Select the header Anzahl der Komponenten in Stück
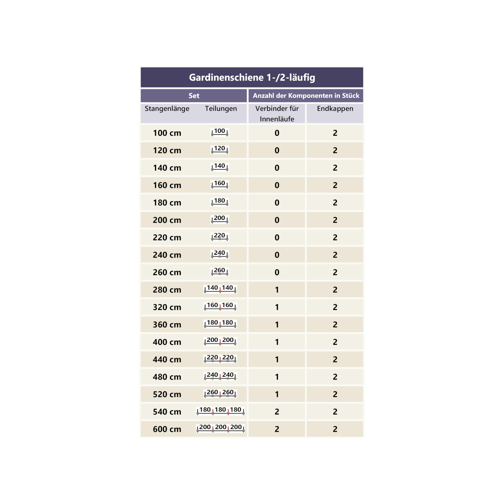(x=306, y=95)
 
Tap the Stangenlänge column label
(x=167, y=108)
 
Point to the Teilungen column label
(x=221, y=108)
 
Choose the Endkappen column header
(x=335, y=108)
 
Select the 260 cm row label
(x=167, y=272)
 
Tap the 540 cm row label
(x=167, y=411)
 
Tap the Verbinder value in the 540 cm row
(x=277, y=411)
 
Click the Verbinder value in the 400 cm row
(x=277, y=342)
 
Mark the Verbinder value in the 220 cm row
(x=277, y=237)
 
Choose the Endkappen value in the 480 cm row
(x=335, y=377)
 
